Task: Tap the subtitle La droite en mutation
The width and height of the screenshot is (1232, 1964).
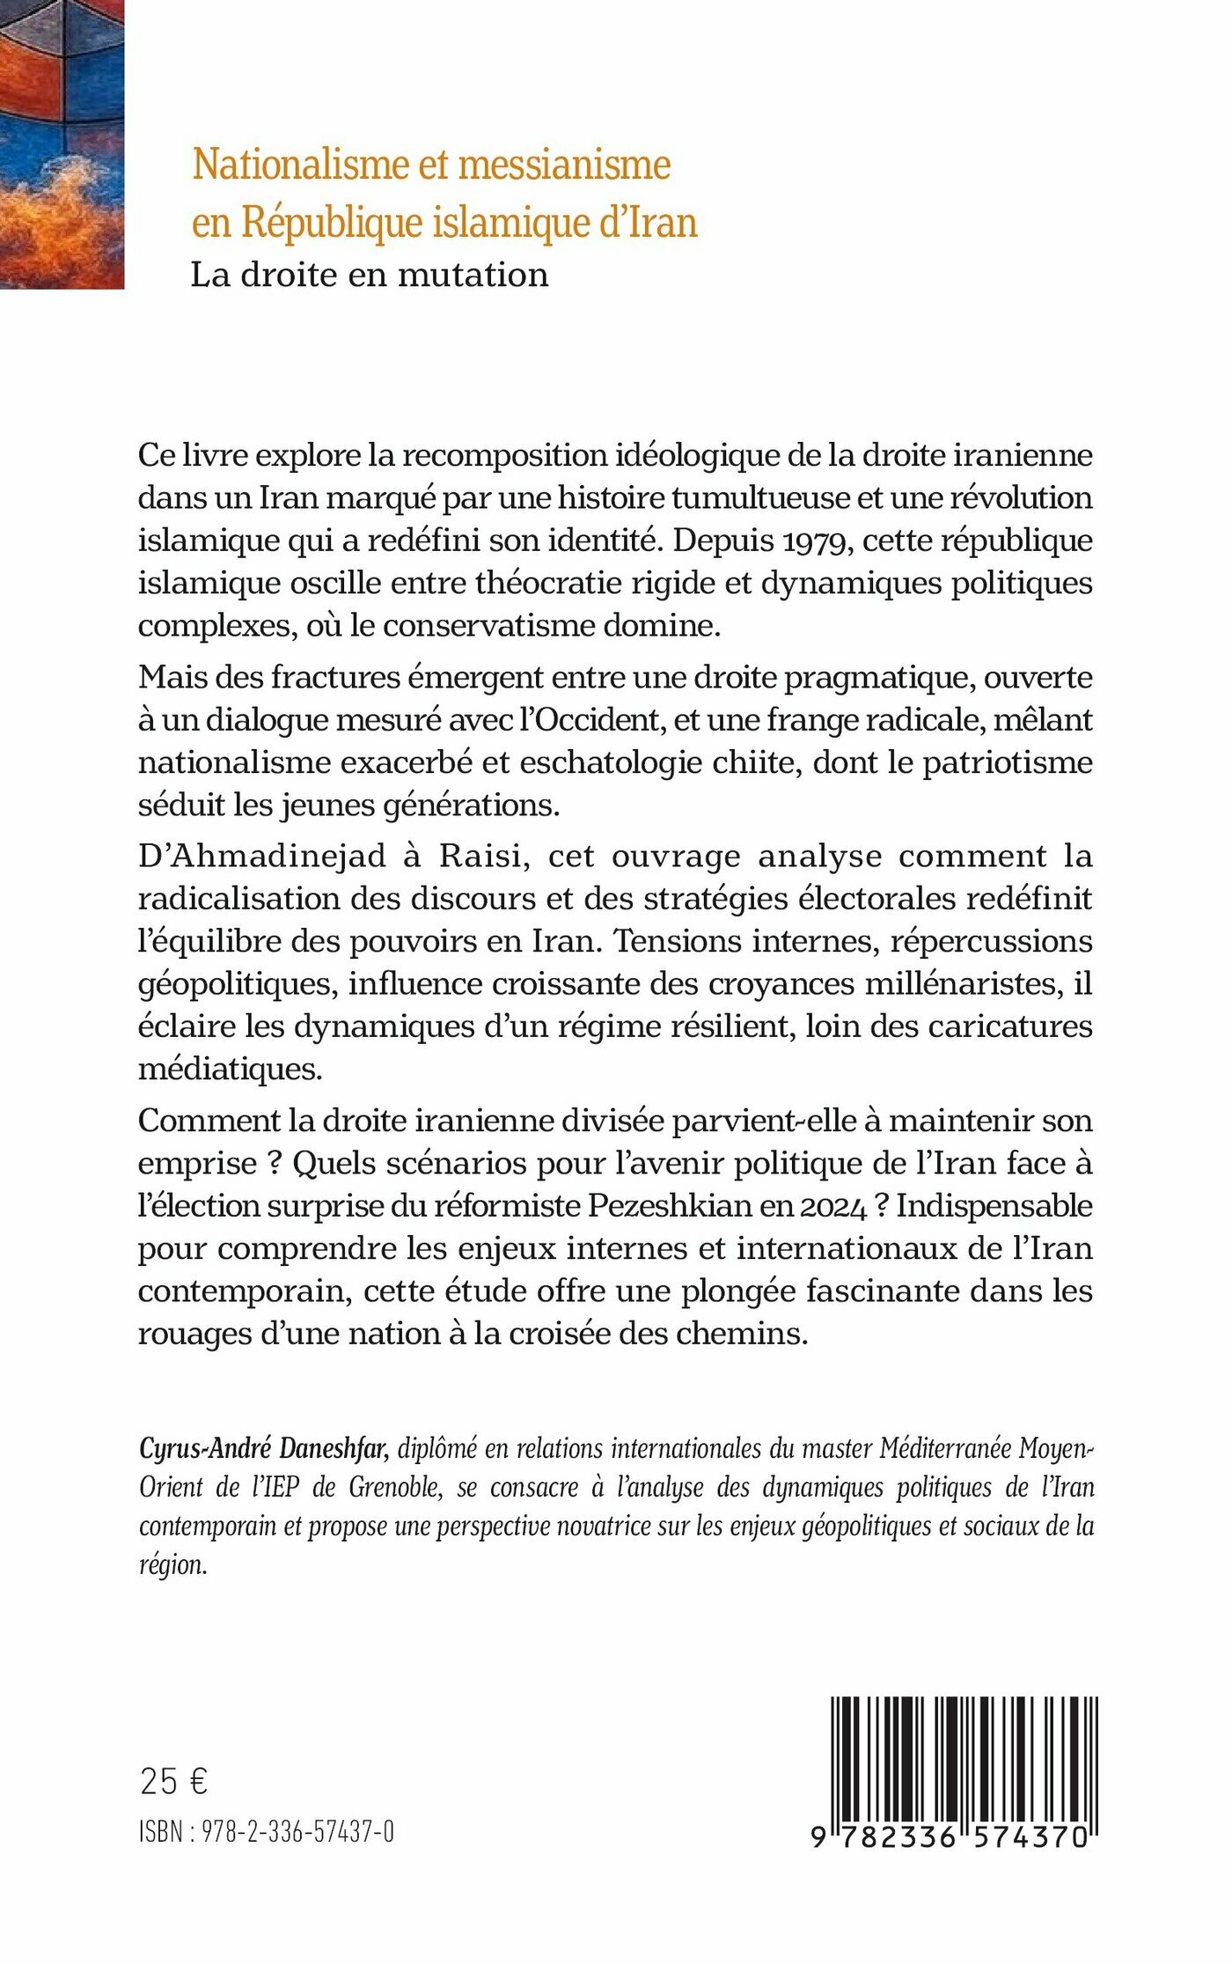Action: pyautogui.click(x=370, y=276)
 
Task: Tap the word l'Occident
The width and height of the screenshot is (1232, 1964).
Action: pyautogui.click(x=598, y=720)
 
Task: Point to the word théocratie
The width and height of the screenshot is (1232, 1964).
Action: pyautogui.click(x=540, y=583)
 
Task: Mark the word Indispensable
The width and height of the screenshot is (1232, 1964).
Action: pyautogui.click(x=994, y=1206)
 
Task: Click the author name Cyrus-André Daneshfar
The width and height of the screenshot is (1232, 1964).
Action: pyautogui.click(x=264, y=1448)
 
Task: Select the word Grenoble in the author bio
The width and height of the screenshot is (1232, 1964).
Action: pyautogui.click(x=394, y=1487)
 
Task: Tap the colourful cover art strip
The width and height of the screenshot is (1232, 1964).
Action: pyautogui.click(x=62, y=144)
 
